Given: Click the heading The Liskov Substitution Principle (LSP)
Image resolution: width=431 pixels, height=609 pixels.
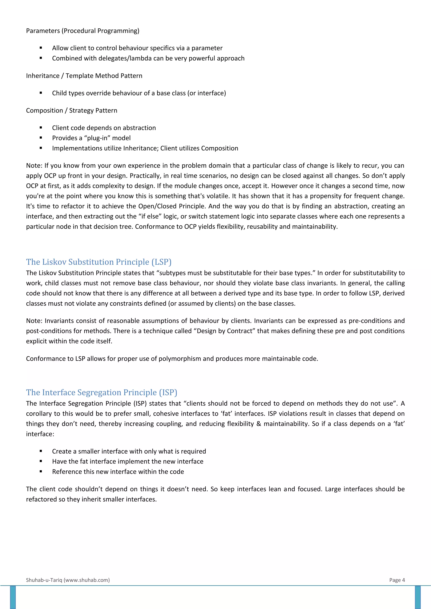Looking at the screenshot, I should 98,262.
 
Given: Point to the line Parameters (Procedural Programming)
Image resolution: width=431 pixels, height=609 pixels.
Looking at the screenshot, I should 82,31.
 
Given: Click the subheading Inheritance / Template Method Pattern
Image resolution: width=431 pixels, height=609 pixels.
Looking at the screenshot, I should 84,76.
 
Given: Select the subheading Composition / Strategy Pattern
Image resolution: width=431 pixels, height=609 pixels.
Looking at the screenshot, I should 71,111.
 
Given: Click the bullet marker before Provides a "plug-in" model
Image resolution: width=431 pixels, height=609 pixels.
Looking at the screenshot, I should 41,138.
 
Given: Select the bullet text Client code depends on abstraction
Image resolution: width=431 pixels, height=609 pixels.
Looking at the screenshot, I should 104,128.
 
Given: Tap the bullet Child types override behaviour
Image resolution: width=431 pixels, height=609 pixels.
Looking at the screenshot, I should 139,93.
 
